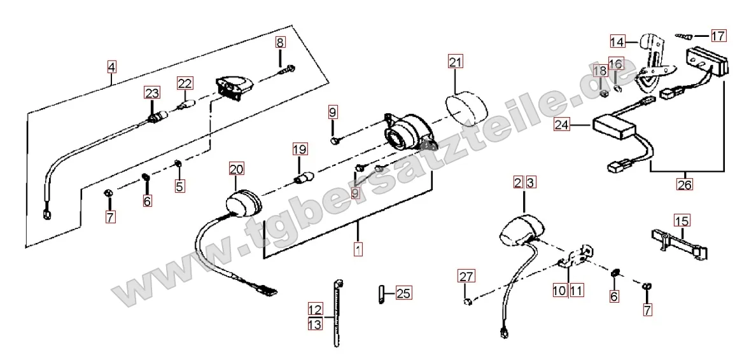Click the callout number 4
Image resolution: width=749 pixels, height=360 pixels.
point(111,66)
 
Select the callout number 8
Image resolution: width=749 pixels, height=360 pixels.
point(281,43)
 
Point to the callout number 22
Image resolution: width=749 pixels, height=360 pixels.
point(185,83)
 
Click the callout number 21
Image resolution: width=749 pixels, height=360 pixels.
point(455,62)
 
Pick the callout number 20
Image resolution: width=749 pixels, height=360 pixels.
point(236,169)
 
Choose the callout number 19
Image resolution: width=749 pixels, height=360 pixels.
point(300,150)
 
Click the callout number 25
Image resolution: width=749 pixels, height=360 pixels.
point(403,293)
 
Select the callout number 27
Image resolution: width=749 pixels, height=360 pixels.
point(466,277)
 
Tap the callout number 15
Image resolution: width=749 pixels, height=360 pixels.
point(682,221)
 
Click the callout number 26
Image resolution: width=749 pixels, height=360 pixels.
point(685,184)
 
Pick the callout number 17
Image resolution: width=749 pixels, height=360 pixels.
point(718,36)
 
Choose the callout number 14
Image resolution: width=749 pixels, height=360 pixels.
point(617,42)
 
